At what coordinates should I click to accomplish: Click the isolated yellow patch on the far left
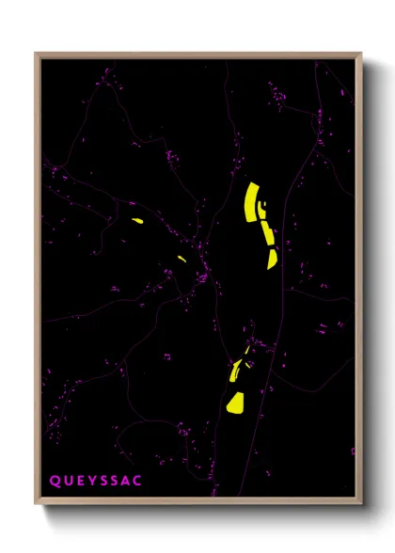[x=137, y=221]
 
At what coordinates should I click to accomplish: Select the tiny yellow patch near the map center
[x=182, y=258]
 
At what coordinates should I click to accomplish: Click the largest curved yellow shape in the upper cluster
[x=251, y=201]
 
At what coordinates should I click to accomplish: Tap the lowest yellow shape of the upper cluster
[x=272, y=258]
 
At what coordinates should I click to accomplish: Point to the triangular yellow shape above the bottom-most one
[x=234, y=371]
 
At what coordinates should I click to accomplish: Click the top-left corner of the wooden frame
[x=37, y=54]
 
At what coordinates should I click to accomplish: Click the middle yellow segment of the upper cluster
[x=264, y=229]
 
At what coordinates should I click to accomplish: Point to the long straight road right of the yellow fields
[x=286, y=282]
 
